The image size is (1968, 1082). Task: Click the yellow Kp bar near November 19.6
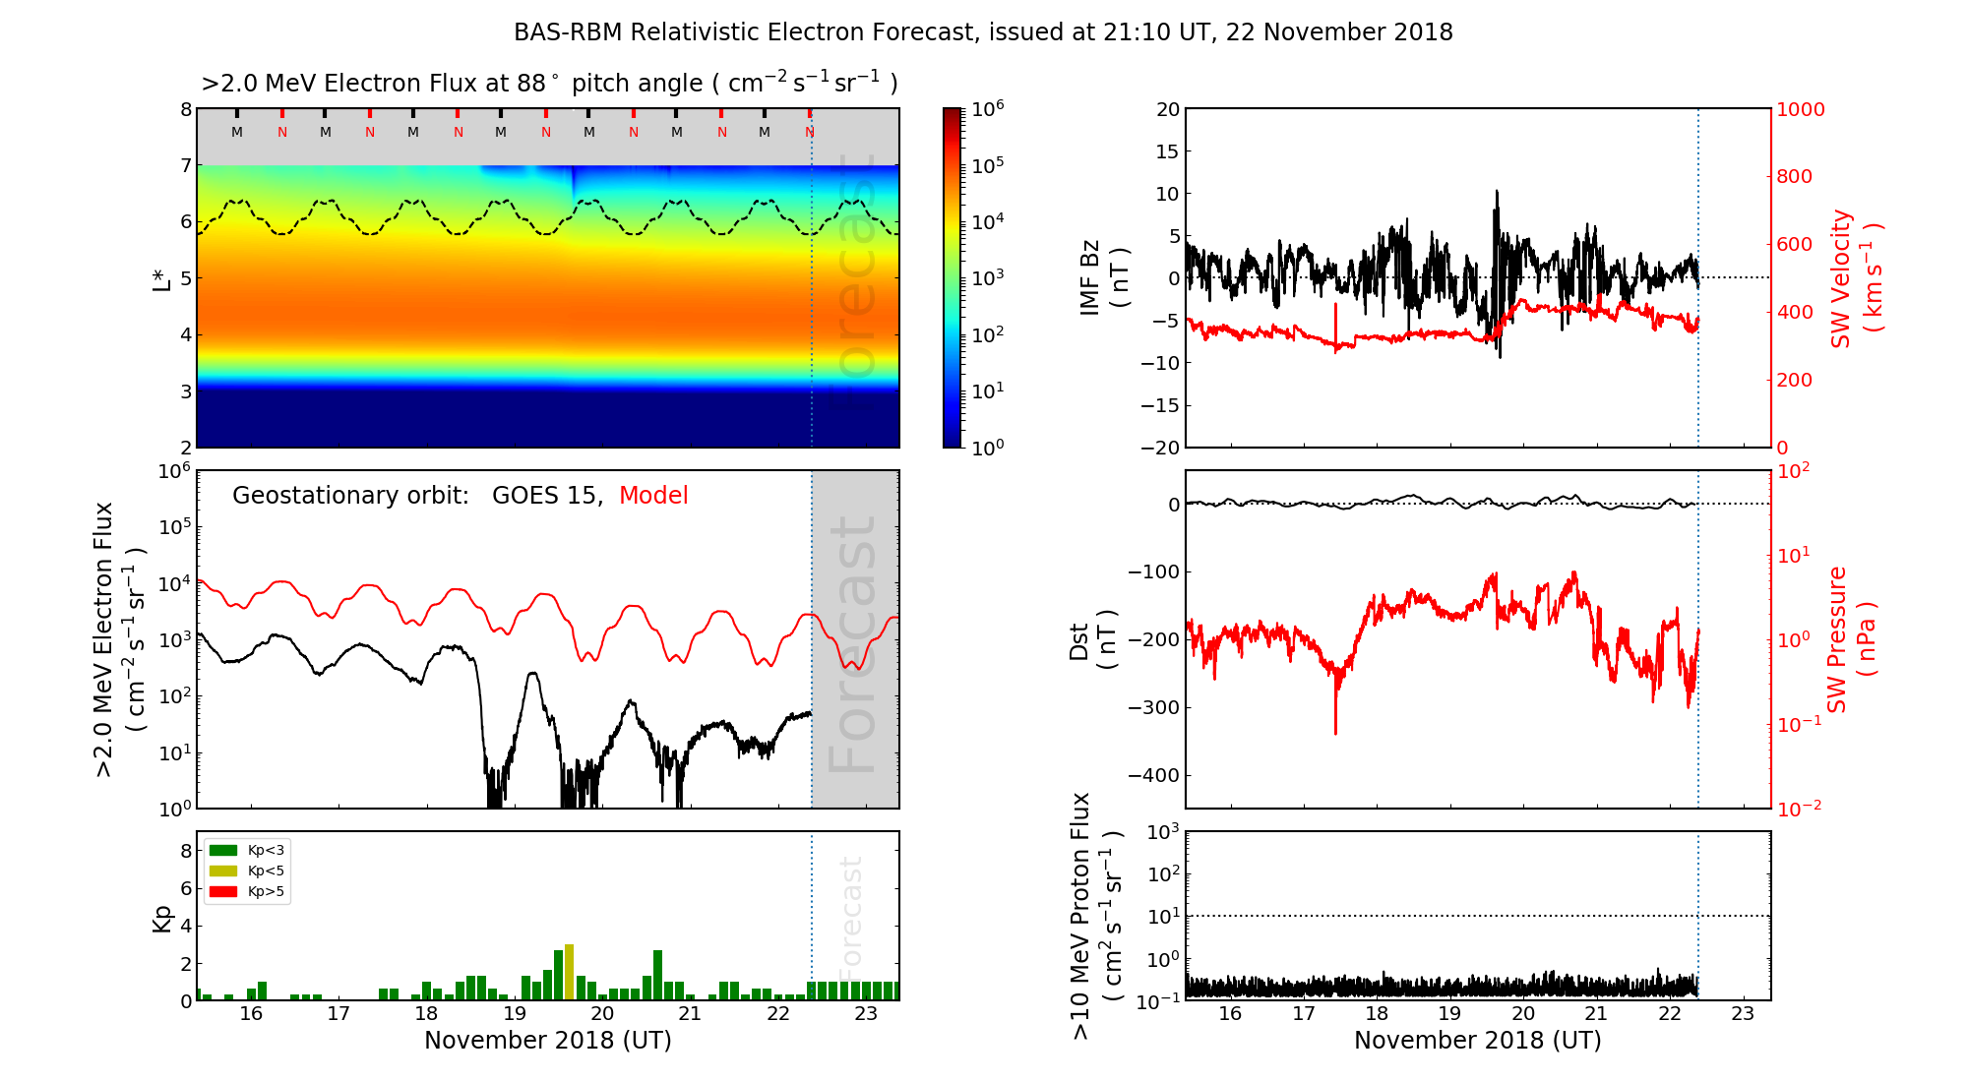coord(569,973)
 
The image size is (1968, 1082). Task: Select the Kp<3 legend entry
coord(247,850)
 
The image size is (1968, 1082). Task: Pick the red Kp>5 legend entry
coord(247,892)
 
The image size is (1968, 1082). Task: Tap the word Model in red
coord(653,496)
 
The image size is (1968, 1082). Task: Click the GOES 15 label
coord(546,496)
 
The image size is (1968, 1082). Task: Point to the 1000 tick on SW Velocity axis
coord(1800,109)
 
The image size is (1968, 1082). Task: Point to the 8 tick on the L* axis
coord(185,109)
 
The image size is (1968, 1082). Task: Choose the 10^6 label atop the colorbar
coord(988,108)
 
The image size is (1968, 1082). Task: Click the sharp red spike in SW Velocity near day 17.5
coord(1335,320)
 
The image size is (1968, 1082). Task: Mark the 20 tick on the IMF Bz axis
coord(1167,109)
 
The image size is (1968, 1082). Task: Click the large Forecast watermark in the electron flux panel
coord(853,644)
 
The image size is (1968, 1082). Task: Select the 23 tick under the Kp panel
coord(866,1014)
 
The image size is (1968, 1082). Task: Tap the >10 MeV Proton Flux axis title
coord(1096,916)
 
